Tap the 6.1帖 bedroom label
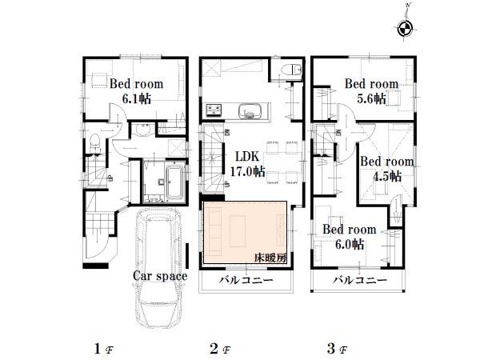coord(137,90)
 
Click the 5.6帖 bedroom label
coord(371,90)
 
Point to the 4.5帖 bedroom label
coord(386,169)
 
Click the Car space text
coord(160,276)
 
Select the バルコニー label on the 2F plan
coord(246,282)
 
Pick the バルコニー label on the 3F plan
coord(360,282)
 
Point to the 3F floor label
coord(334,349)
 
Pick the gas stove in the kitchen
coord(214,110)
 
